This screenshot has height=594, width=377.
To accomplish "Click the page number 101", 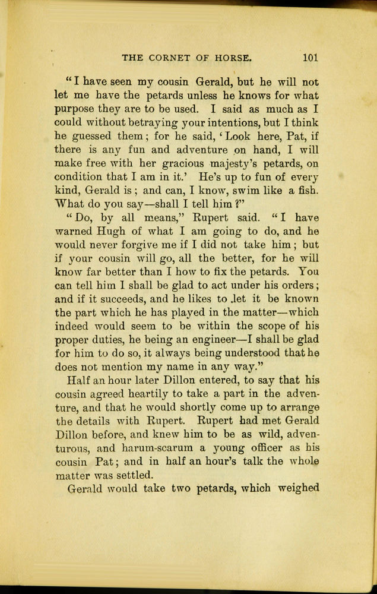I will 310,58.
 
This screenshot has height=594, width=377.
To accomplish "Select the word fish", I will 308,190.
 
